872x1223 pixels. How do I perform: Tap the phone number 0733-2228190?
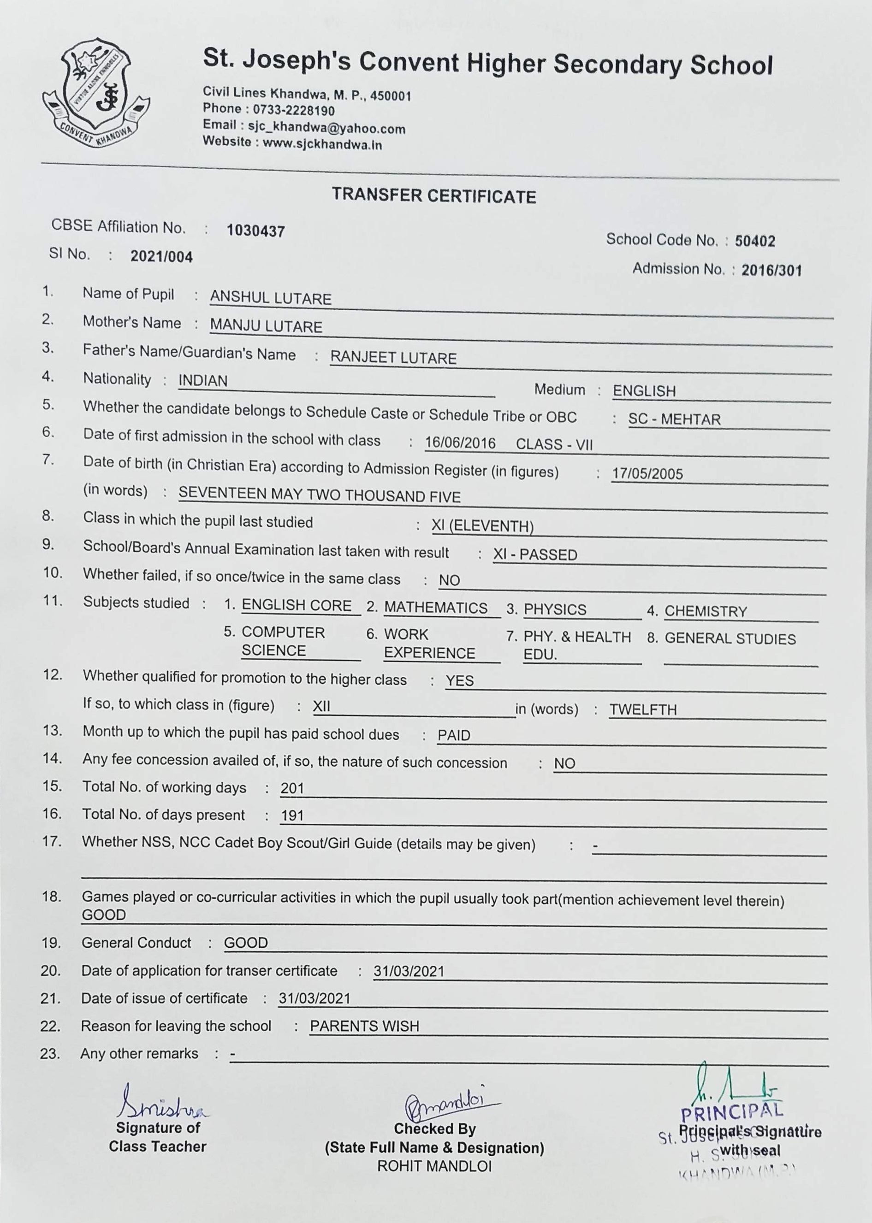tap(294, 111)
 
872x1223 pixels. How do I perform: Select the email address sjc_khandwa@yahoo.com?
tap(326, 128)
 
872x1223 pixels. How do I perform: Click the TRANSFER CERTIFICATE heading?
tap(434, 196)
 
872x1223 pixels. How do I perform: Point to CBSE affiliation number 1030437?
tap(255, 231)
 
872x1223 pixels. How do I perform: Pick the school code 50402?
tap(755, 242)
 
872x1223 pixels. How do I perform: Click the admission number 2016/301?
tap(771, 271)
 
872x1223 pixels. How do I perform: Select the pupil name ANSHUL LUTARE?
tap(271, 298)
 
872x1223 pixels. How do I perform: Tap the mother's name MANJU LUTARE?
tap(267, 326)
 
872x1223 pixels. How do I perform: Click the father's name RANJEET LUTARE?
tap(393, 358)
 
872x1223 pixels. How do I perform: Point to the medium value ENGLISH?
tap(644, 391)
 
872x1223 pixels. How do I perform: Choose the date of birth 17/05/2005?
tap(647, 474)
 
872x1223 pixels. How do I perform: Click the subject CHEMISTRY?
tap(706, 611)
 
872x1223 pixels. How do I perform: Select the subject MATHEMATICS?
tap(435, 608)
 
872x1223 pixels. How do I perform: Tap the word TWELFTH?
tap(643, 710)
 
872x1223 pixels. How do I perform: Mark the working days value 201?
tap(292, 788)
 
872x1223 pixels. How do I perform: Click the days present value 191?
tap(292, 815)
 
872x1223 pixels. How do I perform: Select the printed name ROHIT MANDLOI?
tap(434, 1166)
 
